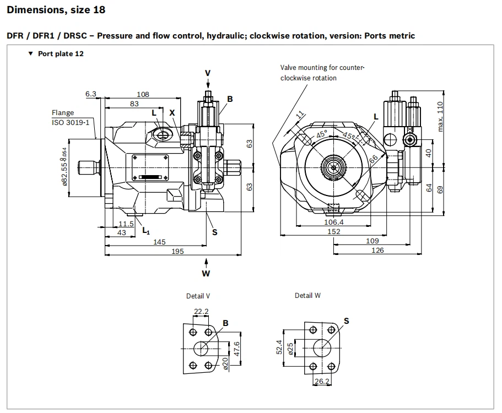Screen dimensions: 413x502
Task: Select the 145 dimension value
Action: click(x=160, y=242)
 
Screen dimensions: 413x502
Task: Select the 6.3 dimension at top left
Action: click(x=91, y=94)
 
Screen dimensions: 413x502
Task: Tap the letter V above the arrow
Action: click(x=208, y=73)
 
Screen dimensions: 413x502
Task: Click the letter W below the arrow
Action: click(x=206, y=273)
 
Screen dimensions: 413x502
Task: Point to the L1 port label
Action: click(x=146, y=230)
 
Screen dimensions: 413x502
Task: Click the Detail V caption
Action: click(x=198, y=296)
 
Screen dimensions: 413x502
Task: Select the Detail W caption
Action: click(x=307, y=296)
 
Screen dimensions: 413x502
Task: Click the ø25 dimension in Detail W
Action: click(x=291, y=347)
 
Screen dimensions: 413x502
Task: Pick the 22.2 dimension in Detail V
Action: click(x=201, y=312)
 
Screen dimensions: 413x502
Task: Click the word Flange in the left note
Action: click(x=63, y=113)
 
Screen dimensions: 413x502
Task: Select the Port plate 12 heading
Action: click(x=61, y=54)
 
